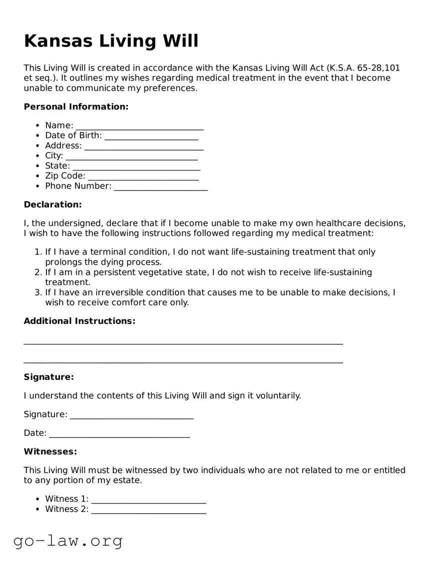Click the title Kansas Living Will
click(x=111, y=41)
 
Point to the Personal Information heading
click(x=76, y=106)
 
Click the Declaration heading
click(x=52, y=204)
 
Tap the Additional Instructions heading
click(x=79, y=321)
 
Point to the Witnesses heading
click(x=50, y=451)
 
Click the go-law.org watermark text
click(x=68, y=540)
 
